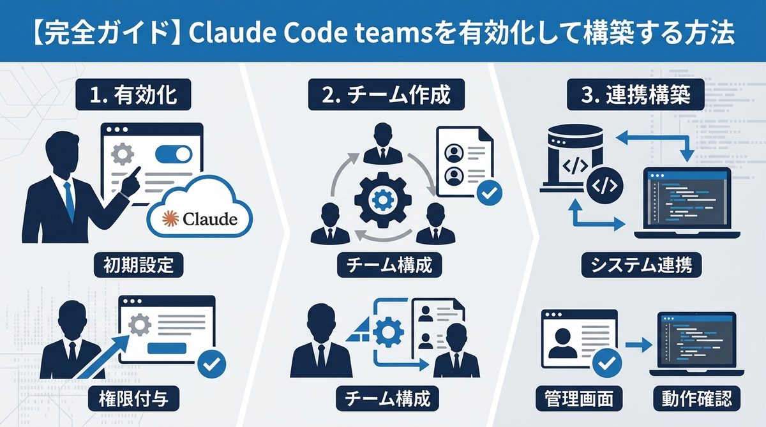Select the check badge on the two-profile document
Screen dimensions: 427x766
(x=489, y=192)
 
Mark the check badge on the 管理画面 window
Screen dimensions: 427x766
(x=607, y=364)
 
